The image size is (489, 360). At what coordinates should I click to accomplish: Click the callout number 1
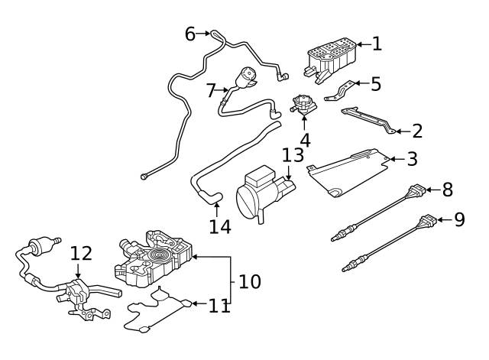pos(376,44)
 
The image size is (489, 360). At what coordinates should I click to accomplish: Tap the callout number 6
pos(190,34)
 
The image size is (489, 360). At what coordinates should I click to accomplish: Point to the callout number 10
pos(249,281)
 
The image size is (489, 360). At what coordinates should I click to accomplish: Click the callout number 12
pos(81,254)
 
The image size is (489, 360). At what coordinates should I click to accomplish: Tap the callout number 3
pos(412,159)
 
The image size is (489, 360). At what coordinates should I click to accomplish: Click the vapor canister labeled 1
pos(329,54)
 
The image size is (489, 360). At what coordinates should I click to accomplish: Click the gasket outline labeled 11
pos(157,313)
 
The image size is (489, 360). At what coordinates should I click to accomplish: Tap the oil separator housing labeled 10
pos(153,259)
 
